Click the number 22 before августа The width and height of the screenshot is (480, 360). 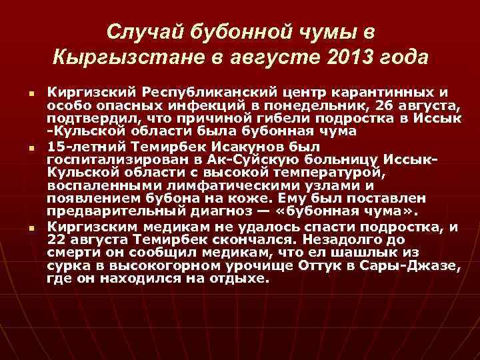tap(58, 239)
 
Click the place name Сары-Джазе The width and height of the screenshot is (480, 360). tap(418, 265)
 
